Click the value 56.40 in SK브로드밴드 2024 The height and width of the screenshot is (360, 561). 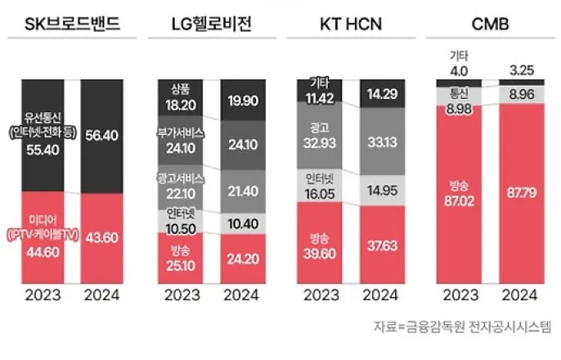[102, 139]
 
